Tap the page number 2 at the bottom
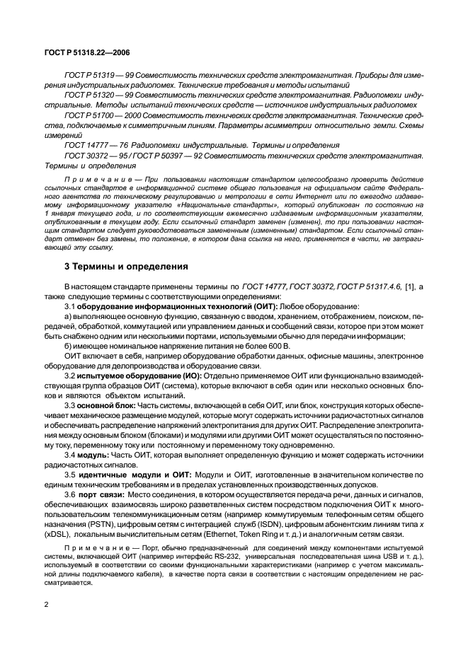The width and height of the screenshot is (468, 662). coord(46,604)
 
